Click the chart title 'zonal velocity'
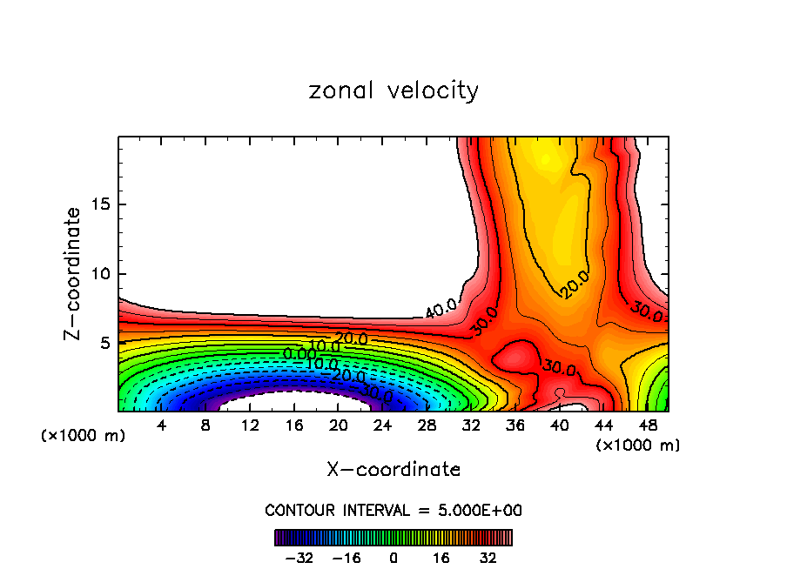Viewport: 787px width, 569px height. pyautogui.click(x=393, y=90)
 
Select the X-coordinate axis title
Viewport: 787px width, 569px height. pyautogui.click(x=393, y=469)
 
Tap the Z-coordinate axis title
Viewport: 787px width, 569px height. pyautogui.click(x=73, y=273)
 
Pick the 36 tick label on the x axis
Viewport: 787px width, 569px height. pyautogui.click(x=515, y=425)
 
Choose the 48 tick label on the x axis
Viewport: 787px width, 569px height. pyautogui.click(x=648, y=425)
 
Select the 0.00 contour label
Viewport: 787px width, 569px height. pyautogui.click(x=299, y=354)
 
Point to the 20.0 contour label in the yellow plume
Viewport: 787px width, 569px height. pyautogui.click(x=575, y=284)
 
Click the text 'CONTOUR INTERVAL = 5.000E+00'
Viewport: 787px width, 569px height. pyautogui.click(x=393, y=510)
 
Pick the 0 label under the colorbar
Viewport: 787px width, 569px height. pyautogui.click(x=393, y=558)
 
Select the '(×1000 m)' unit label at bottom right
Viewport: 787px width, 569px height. pyautogui.click(x=638, y=445)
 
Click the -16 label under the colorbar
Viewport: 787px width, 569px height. pyautogui.click(x=346, y=558)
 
